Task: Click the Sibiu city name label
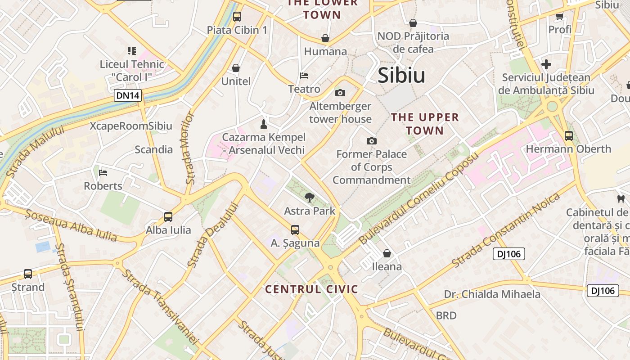401,76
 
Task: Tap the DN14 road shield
128,95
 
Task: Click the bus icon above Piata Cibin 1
237,17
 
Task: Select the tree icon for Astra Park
309,197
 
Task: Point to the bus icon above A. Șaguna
295,230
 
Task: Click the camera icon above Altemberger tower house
340,93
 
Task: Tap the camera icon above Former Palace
371,141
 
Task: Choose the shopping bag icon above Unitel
236,68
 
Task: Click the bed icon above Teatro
304,75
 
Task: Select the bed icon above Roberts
103,172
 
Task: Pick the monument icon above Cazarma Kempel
264,124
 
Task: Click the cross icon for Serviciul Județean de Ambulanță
546,64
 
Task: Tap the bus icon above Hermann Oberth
568,135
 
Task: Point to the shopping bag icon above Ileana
387,253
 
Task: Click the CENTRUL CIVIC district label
311,289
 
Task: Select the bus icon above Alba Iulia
168,217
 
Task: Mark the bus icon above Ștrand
28,274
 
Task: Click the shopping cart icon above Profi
560,17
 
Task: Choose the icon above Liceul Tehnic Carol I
131,51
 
